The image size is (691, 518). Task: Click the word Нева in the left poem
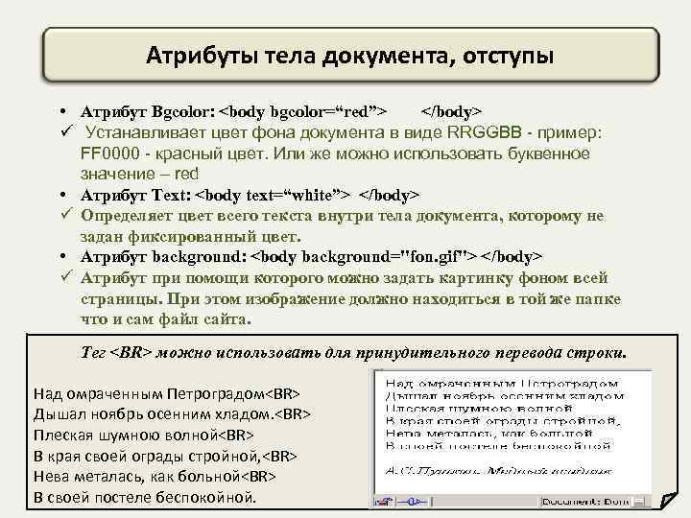tap(51, 476)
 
